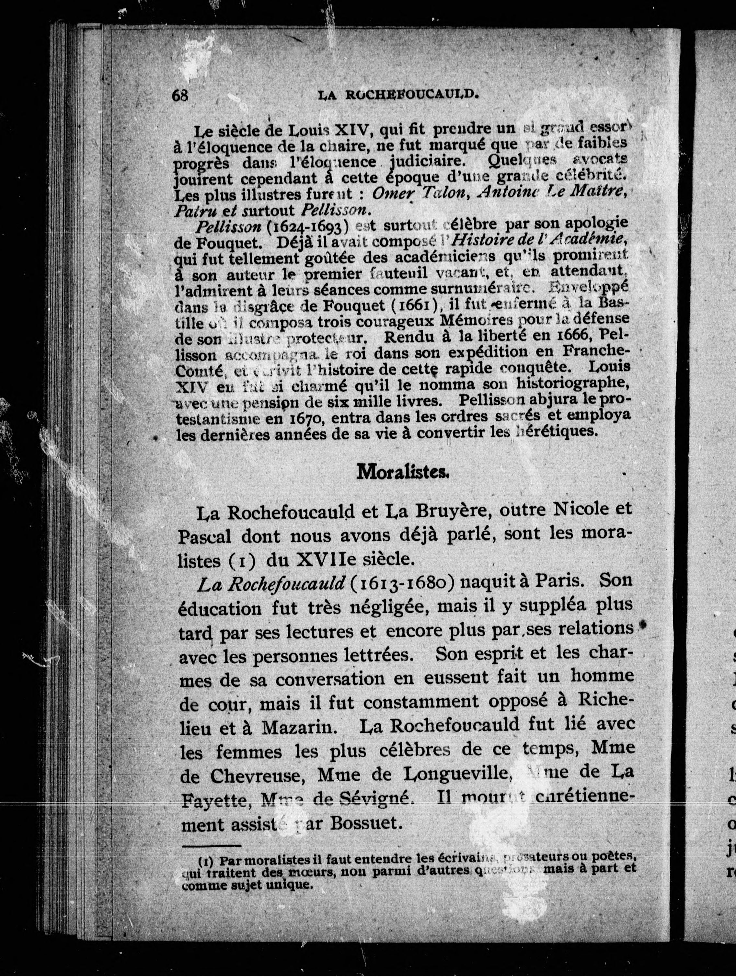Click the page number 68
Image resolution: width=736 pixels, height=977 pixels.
tap(180, 96)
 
